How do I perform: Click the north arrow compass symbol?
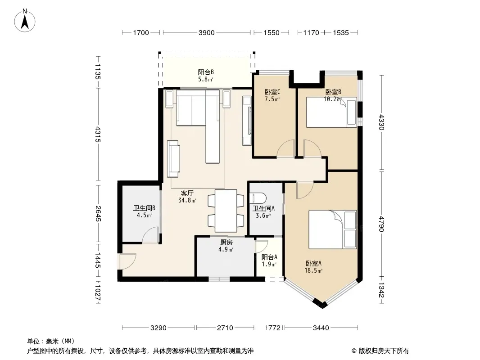[x=25, y=20]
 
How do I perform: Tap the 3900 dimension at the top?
[x=207, y=33]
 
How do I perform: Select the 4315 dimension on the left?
[x=98, y=134]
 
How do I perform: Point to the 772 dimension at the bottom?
[x=274, y=328]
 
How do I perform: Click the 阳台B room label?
[x=206, y=72]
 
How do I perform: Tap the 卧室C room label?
[x=272, y=92]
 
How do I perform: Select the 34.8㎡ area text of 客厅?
[x=187, y=201]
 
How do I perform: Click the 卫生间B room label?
[x=144, y=208]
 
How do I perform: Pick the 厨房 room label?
[x=226, y=243]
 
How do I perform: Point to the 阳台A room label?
[x=269, y=257]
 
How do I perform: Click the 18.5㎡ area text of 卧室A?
[x=313, y=271]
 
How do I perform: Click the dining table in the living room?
[x=226, y=211]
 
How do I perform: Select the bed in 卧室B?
[x=331, y=112]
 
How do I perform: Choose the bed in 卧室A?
[x=332, y=229]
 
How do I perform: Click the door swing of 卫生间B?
[x=150, y=235]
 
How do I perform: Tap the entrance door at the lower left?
[x=127, y=261]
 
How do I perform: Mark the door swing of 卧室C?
[x=286, y=148]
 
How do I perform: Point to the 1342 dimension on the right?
[x=381, y=290]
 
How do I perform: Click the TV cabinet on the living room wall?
[x=247, y=121]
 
